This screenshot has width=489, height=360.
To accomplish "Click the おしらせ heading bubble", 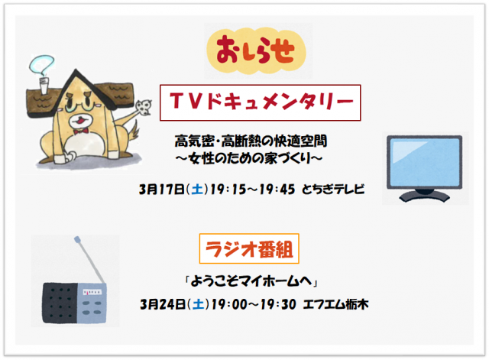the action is pyautogui.click(x=256, y=51).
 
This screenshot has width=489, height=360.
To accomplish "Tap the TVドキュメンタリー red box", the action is pyautogui.click(x=260, y=102).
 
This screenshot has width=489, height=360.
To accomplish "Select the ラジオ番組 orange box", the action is pyautogui.click(x=249, y=248).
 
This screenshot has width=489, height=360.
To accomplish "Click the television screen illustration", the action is pyautogui.click(x=425, y=162).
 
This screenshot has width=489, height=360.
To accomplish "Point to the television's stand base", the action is pyautogui.click(x=425, y=196).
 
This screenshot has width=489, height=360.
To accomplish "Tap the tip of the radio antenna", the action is pyautogui.click(x=77, y=239).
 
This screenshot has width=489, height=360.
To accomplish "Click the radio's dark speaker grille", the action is pyautogui.click(x=60, y=303).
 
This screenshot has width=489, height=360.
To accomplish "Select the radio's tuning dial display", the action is pyautogui.click(x=92, y=292).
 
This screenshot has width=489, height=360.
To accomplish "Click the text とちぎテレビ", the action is pyautogui.click(x=333, y=189).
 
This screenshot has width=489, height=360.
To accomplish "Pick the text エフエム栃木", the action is pyautogui.click(x=335, y=304).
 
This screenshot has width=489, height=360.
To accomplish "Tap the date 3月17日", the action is pyautogui.click(x=161, y=190).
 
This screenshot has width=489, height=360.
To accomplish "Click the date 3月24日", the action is pyautogui.click(x=163, y=304).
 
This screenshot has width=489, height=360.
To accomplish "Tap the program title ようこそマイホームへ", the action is pyautogui.click(x=251, y=281).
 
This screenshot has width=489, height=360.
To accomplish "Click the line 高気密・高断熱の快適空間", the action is pyautogui.click(x=251, y=141).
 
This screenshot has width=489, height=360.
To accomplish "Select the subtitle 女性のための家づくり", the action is pyautogui.click(x=248, y=158).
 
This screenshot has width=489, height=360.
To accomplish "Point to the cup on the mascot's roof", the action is pyautogui.click(x=44, y=86).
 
